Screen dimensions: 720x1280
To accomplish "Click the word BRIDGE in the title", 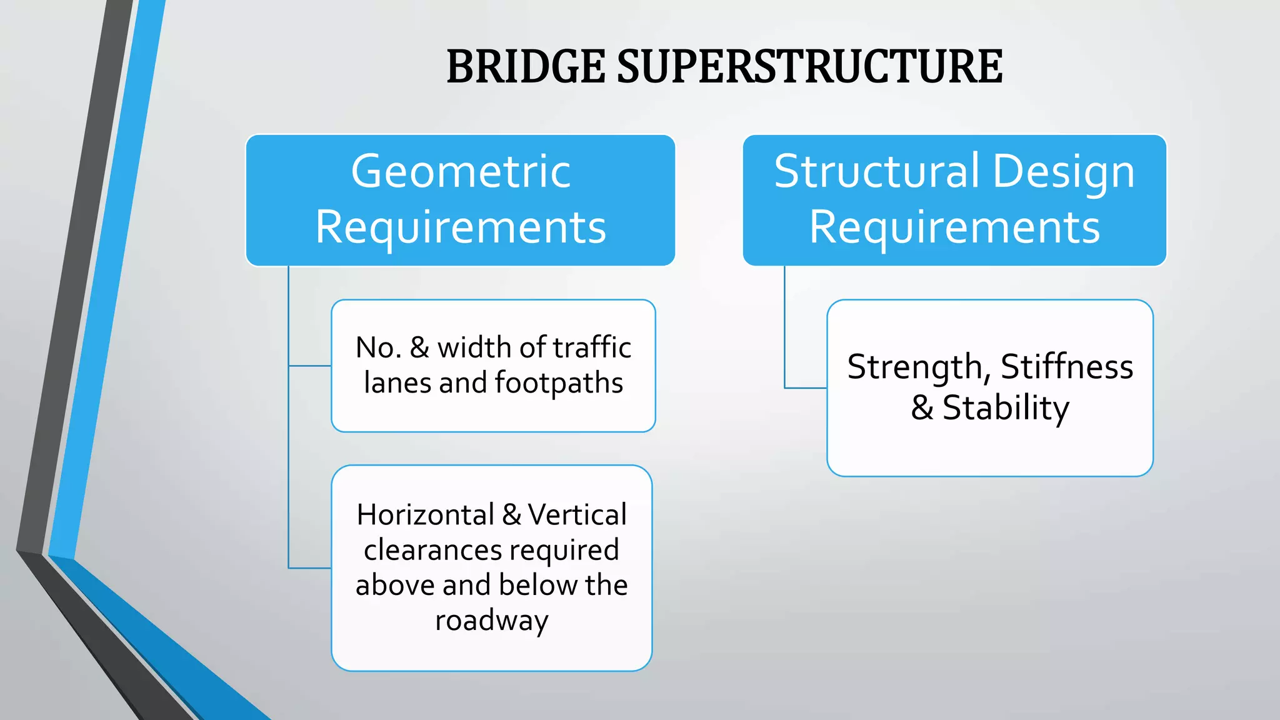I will coord(526,67).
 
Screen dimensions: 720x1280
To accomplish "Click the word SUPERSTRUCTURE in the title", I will coord(809,67).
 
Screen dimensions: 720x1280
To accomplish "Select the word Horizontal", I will coord(425,515).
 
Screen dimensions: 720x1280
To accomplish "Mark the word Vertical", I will coord(577,515).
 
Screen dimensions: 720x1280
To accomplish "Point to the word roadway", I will coord(492,621).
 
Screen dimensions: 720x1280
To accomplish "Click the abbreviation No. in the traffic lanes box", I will coord(378,348).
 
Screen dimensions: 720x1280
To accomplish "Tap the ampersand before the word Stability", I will coord(922,408).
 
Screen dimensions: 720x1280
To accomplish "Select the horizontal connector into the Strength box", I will coord(806,388).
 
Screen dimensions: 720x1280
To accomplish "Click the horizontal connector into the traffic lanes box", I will coord(310,366).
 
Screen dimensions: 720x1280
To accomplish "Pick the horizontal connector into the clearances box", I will coord(310,568).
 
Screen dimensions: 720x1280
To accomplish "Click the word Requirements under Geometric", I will coord(461,227).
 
